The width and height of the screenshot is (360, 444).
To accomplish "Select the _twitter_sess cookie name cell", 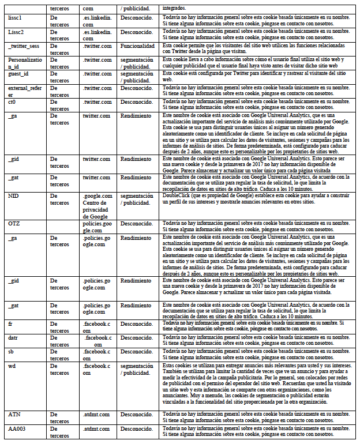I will click(x=23, y=46).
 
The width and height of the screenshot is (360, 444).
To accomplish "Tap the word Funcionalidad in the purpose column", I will click(x=137, y=46).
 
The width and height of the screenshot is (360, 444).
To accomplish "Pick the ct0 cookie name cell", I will click(x=12, y=102).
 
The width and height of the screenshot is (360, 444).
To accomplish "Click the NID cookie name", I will click(x=13, y=196).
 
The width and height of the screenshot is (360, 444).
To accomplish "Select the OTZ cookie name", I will click(x=14, y=223).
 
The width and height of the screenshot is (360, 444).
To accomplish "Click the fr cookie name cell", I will click(x=10, y=323).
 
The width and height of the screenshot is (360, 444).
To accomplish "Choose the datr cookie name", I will click(x=13, y=337).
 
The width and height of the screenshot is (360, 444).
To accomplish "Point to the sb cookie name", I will click(x=11, y=351).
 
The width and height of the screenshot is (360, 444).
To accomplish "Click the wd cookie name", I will click(x=12, y=366).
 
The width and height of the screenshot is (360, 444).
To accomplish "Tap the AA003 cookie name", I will click(x=17, y=429).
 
